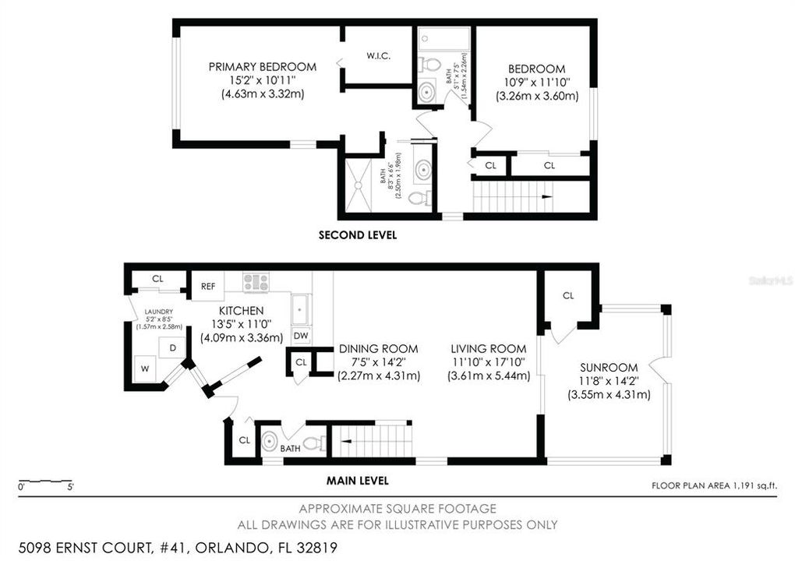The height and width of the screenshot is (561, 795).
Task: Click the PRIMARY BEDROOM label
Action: click(262, 67)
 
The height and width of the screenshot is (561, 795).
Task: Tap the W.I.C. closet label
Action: click(378, 56)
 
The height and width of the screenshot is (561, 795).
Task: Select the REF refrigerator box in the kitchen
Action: click(208, 286)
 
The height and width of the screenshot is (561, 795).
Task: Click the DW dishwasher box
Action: click(301, 336)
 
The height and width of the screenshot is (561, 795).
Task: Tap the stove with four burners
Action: click(256, 282)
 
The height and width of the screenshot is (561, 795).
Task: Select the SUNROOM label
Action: click(608, 368)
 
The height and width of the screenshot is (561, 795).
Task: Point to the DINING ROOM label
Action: click(378, 349)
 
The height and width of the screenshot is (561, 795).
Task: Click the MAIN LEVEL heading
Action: click(359, 481)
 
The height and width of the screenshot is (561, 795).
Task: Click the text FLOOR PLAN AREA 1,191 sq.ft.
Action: click(715, 485)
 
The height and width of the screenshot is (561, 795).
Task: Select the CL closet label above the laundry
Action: click(157, 278)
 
